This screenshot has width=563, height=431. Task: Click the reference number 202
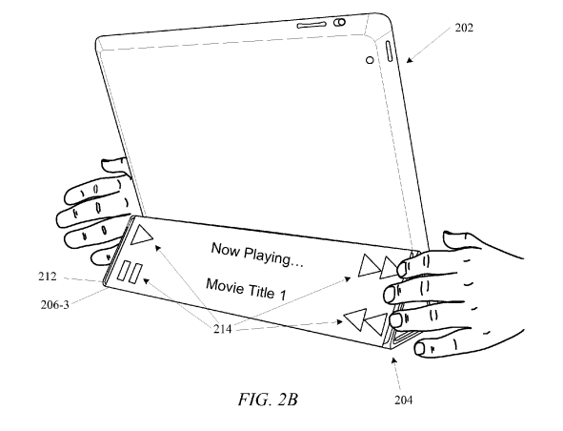[x=464, y=28]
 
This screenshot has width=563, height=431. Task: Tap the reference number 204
[x=403, y=400]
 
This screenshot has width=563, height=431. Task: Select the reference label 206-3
[x=54, y=305]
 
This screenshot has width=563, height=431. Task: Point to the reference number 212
[x=48, y=277]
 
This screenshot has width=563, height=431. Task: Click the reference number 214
[x=223, y=329]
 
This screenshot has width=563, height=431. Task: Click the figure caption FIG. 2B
[x=268, y=400]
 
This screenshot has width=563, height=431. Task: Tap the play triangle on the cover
[x=141, y=236]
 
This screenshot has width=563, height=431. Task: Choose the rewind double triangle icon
[x=365, y=321]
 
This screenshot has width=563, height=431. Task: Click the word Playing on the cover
[x=273, y=257]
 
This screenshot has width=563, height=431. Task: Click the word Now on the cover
[x=225, y=248]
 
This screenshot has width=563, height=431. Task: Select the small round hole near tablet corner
[x=370, y=60]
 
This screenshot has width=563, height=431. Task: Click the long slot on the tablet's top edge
[x=312, y=25]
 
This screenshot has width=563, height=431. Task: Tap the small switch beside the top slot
[x=340, y=22]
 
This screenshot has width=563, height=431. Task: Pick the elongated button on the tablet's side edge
[x=390, y=51]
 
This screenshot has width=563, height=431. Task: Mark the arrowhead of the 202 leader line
[x=409, y=60]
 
